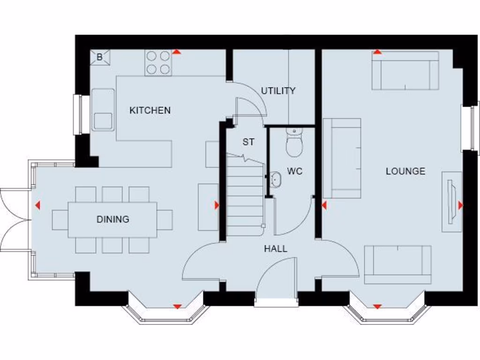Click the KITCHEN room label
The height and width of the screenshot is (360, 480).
(x=150, y=111)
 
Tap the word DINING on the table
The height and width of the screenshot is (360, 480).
(x=113, y=219)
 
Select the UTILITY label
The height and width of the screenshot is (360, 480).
(x=278, y=90)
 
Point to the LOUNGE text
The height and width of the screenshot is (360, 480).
(x=405, y=171)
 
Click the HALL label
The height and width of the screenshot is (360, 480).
(x=276, y=249)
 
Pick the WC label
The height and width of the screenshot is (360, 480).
(x=295, y=171)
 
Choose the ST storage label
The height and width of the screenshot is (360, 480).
(x=248, y=142)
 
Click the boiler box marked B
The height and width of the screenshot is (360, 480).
(x=100, y=57)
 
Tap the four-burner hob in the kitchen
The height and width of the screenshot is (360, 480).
(x=158, y=63)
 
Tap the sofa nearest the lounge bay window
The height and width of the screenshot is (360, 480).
(x=397, y=264)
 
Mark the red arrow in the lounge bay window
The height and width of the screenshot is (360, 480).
(x=377, y=307)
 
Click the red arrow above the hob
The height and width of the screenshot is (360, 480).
(x=177, y=52)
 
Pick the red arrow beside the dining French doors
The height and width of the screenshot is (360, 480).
(x=37, y=205)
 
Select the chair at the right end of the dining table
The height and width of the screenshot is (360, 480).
(x=165, y=219)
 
